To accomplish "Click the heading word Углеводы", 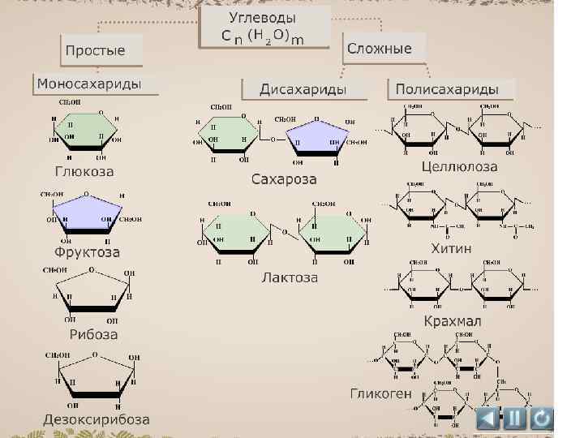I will click(x=261, y=17).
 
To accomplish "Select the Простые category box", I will click(x=96, y=50).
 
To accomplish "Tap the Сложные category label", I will click(x=380, y=49).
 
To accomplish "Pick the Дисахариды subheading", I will click(x=303, y=88).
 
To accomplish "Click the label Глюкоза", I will click(x=84, y=172).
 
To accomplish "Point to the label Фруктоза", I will click(x=81, y=252).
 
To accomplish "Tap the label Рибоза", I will click(x=92, y=334).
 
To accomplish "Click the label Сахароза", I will click(x=284, y=178).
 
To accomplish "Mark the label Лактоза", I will click(x=290, y=277).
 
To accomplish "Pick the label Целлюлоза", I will click(x=460, y=167).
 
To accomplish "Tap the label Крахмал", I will click(x=453, y=321).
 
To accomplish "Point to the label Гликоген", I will click(x=380, y=394).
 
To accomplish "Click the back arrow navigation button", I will click(x=487, y=419).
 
